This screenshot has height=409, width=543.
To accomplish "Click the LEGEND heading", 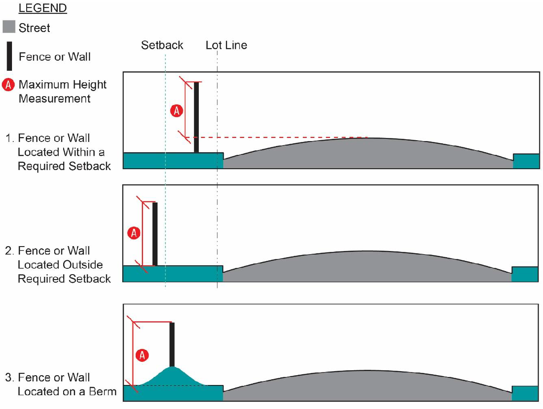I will point(43,8).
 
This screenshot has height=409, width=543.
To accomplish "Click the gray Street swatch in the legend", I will point(9,27).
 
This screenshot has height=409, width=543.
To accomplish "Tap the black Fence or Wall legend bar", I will point(9,57).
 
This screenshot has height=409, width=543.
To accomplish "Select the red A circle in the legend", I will point(9,85).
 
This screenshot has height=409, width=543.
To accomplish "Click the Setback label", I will point(162,45).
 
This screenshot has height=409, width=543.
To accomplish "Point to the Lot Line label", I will point(226,45).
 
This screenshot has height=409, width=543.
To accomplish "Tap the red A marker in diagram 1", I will point(177,111).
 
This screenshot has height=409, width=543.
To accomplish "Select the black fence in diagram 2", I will point(155,234).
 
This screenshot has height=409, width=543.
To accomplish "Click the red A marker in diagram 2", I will point(134,233).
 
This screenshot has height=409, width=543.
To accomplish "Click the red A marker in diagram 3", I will point(142,355).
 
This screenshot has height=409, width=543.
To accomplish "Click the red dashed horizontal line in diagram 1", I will point(276,138).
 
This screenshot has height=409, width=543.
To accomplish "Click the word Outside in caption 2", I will point(82,265).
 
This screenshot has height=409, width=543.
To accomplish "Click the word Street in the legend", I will point(34,28).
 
